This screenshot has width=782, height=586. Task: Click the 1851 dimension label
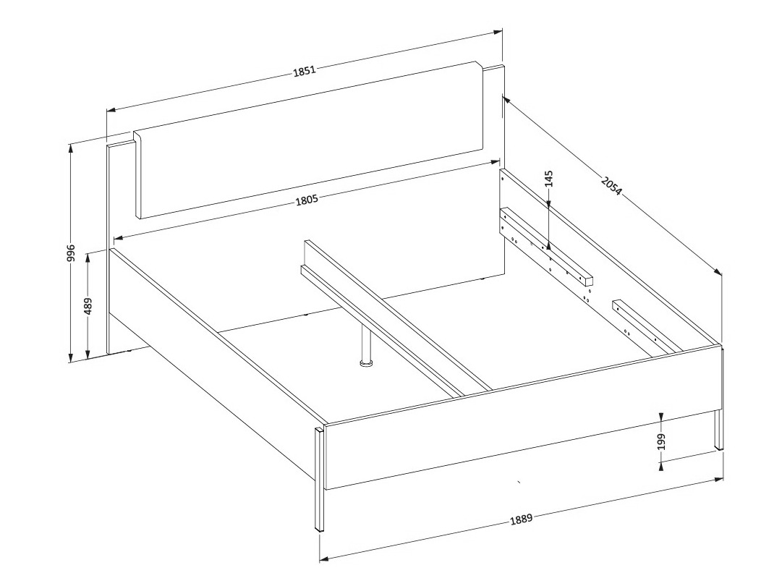(x=305, y=70)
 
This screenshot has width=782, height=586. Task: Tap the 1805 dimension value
(x=307, y=200)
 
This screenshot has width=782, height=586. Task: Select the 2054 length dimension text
(x=612, y=185)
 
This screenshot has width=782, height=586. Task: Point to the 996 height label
(x=71, y=253)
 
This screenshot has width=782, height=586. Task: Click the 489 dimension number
(x=88, y=306)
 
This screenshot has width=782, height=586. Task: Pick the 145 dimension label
(x=549, y=179)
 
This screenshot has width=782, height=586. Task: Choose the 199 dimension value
(x=662, y=441)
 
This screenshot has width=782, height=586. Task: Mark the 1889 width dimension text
(x=521, y=519)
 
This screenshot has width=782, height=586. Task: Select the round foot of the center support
(x=367, y=363)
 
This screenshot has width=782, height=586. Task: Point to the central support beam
(x=396, y=318)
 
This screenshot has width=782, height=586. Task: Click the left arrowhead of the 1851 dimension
(x=112, y=110)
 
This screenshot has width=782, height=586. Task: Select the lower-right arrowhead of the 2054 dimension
(x=718, y=272)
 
